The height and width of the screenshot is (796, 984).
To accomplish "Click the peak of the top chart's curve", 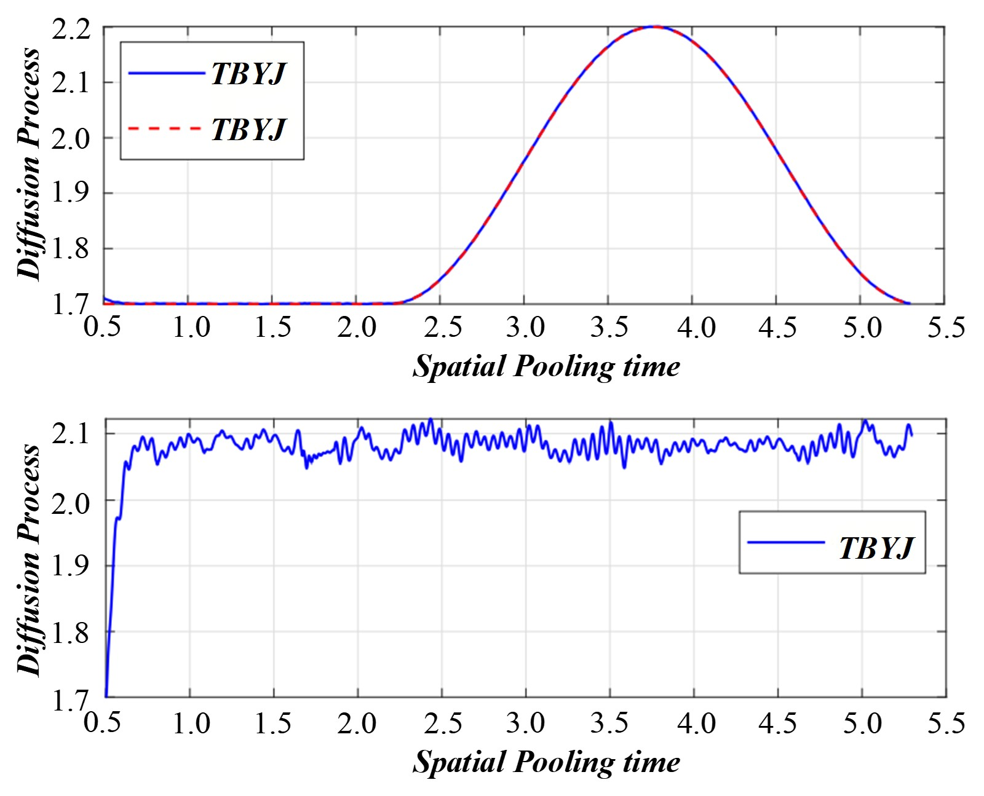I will (x=656, y=26).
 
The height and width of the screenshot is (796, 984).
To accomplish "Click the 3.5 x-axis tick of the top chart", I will (x=609, y=327).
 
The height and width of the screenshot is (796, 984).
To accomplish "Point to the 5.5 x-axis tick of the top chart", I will (x=946, y=327).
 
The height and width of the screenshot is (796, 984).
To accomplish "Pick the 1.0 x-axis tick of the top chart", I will (x=191, y=327).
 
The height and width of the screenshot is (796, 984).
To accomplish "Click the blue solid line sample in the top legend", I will (x=166, y=73).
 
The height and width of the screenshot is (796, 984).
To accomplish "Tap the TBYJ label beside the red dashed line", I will (x=248, y=129).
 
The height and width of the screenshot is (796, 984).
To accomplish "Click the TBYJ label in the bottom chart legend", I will (x=876, y=547).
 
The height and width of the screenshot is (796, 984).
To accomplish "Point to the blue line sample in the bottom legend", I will (x=785, y=542).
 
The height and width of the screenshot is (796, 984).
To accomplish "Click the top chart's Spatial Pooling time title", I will (x=546, y=367).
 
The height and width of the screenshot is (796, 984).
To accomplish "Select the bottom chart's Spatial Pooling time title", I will (x=546, y=762).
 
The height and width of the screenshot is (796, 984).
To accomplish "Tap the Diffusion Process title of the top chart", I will (x=28, y=165).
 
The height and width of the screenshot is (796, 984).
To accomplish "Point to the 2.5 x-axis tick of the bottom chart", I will (x=442, y=723).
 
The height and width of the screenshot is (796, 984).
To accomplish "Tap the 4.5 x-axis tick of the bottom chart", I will (x=777, y=723).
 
